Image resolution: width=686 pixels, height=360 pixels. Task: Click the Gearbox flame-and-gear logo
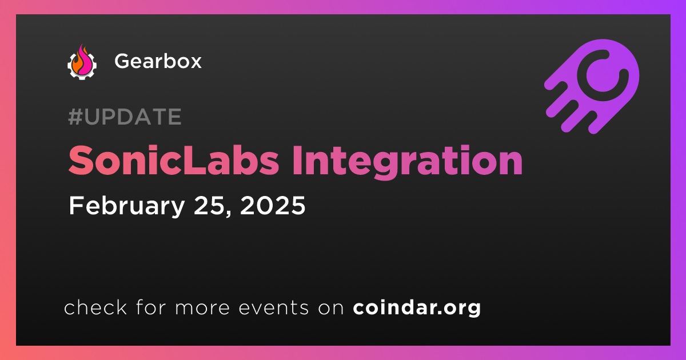(x=82, y=62)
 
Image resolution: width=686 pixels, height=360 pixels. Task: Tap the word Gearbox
(x=158, y=61)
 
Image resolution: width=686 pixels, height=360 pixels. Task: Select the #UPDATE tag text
(x=125, y=117)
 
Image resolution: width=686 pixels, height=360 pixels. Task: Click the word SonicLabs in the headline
(x=174, y=161)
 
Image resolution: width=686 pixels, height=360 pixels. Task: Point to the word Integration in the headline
(x=407, y=163)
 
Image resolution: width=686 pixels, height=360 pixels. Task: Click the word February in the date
(x=126, y=206)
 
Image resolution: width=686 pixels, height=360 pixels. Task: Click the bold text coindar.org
(x=417, y=308)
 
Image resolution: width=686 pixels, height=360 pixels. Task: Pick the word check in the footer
(x=95, y=307)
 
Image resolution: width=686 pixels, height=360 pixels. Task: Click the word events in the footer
(x=273, y=307)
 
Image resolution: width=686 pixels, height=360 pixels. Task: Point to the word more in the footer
(x=202, y=308)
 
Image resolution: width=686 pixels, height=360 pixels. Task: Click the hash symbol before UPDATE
(x=75, y=117)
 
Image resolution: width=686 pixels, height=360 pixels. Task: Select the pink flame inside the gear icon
(x=84, y=61)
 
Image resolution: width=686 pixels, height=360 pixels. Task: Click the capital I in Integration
(x=297, y=161)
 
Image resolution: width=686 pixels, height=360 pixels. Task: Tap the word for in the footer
(x=151, y=307)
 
